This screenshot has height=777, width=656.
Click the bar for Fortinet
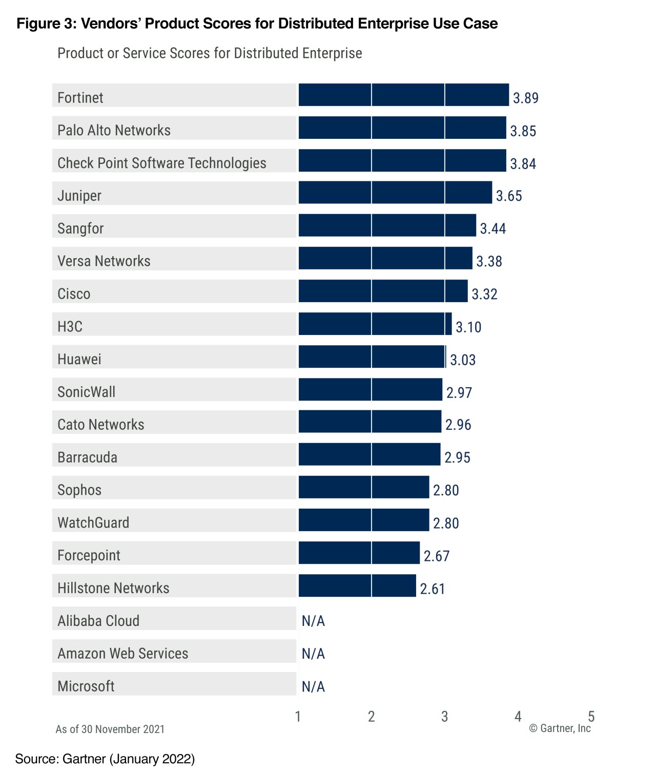pos(403,95)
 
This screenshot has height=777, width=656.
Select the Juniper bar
pos(395,193)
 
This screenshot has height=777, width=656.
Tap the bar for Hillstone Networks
pos(357,585)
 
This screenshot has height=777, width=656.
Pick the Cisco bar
pos(383,291)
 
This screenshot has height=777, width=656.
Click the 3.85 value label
pos(523,131)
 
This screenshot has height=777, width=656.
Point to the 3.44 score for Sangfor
pos(493,228)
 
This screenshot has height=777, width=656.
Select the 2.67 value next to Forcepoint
pos(436,556)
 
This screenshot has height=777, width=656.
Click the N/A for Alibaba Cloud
pos(313,621)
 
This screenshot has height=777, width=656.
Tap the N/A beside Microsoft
pos(313,687)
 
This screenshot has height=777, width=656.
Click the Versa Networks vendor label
pos(104,261)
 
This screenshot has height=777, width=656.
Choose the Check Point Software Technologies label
pos(162,163)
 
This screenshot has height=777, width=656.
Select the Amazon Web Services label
pos(123,654)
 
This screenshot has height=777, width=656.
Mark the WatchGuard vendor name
pos(93,523)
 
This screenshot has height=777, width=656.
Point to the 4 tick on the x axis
pos(518,716)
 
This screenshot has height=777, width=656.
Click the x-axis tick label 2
pos(371,717)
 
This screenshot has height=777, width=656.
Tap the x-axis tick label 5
pos(591,716)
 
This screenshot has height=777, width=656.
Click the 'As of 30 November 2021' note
pos(110,729)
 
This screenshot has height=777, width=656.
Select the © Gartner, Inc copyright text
pos(560,728)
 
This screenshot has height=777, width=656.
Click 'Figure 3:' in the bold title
pos(46,24)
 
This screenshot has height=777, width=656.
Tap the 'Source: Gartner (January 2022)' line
pos(105,759)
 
